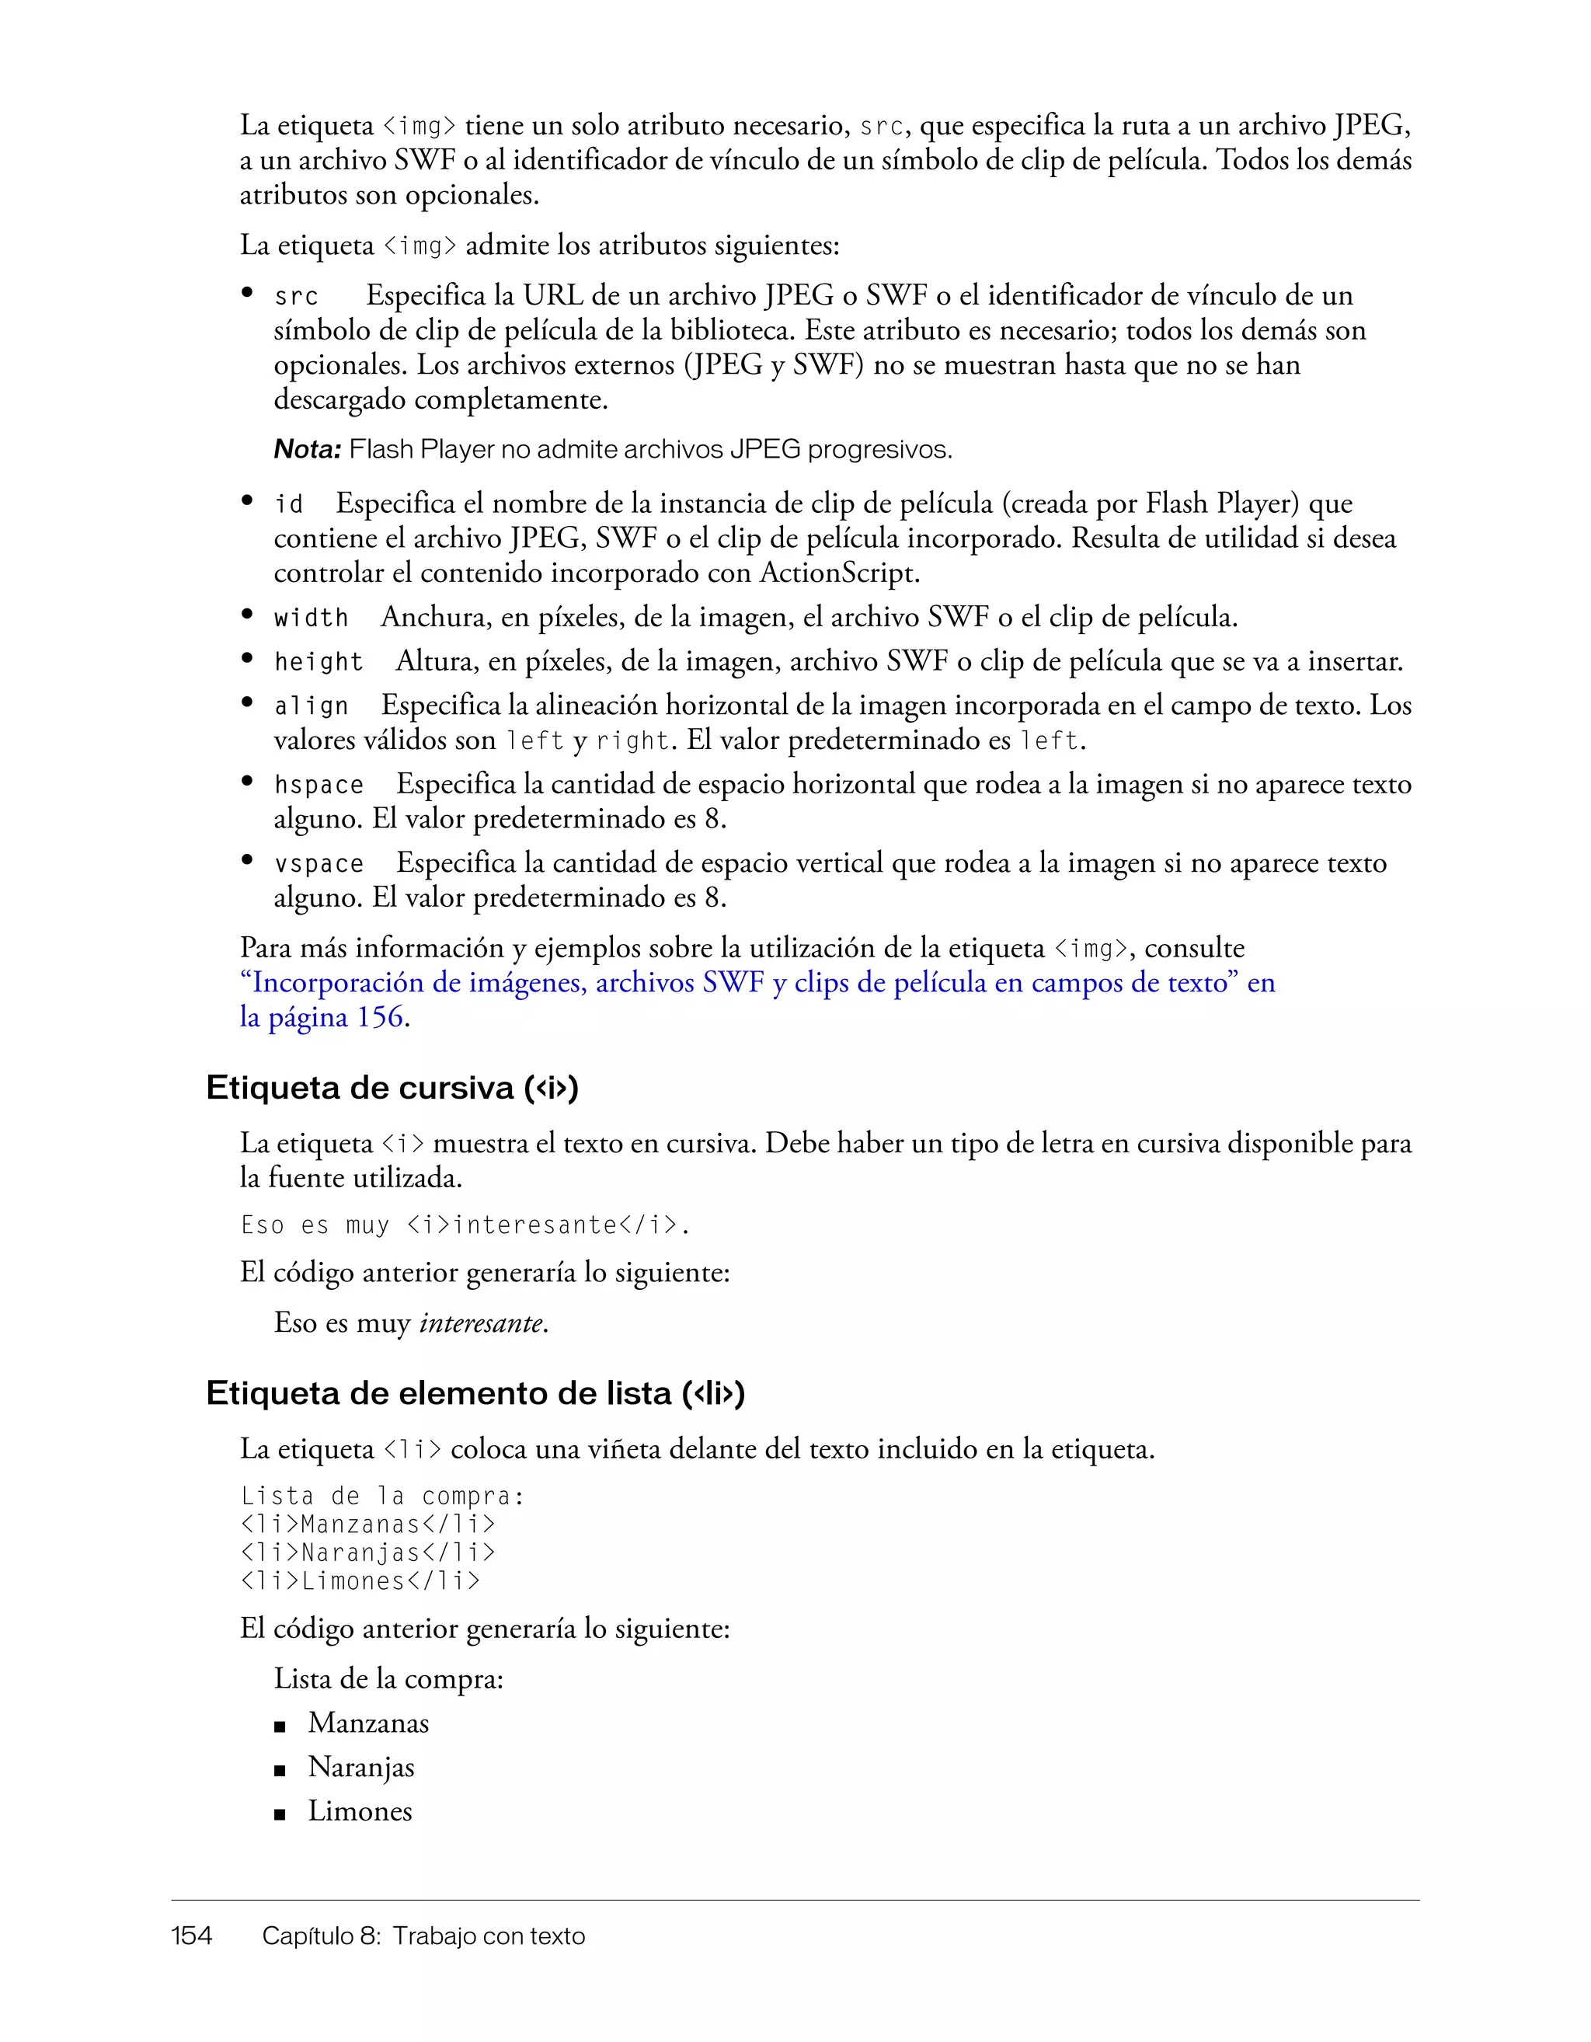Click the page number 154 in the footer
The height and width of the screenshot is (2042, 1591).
pyautogui.click(x=192, y=1936)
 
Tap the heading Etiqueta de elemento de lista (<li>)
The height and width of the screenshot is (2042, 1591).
pyautogui.click(x=475, y=1393)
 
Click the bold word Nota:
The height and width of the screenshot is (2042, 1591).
pyautogui.click(x=308, y=450)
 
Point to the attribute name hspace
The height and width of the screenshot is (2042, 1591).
pyautogui.click(x=318, y=786)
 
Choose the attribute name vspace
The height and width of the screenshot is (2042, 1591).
pyautogui.click(x=318, y=864)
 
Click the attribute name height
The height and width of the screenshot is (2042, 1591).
pyautogui.click(x=318, y=662)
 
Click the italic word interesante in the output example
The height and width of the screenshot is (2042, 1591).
pyautogui.click(x=480, y=1323)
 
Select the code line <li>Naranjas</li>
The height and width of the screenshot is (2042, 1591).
pyautogui.click(x=367, y=1553)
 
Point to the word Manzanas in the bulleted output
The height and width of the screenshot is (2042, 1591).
pyautogui.click(x=368, y=1723)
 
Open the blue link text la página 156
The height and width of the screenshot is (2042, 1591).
pyautogui.click(x=322, y=1017)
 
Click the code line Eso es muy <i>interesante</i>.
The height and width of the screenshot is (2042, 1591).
pyautogui.click(x=465, y=1225)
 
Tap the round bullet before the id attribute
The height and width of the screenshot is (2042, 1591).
pyautogui.click(x=247, y=501)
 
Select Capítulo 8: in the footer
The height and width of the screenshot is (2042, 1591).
pyautogui.click(x=321, y=1936)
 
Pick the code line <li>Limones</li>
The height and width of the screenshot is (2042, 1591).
pyautogui.click(x=360, y=1581)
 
